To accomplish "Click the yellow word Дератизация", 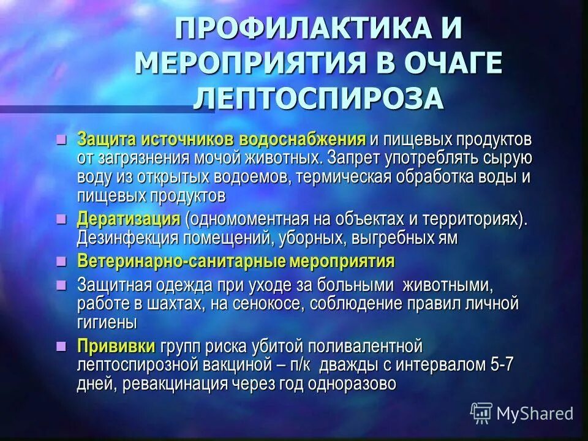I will point(128,219).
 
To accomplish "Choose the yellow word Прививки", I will point(116,345).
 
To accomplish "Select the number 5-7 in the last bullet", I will point(502,365).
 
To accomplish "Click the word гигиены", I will point(107,322).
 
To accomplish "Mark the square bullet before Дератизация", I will point(60,218).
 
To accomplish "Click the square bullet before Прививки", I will point(60,345).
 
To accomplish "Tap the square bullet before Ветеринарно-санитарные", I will point(60,260).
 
